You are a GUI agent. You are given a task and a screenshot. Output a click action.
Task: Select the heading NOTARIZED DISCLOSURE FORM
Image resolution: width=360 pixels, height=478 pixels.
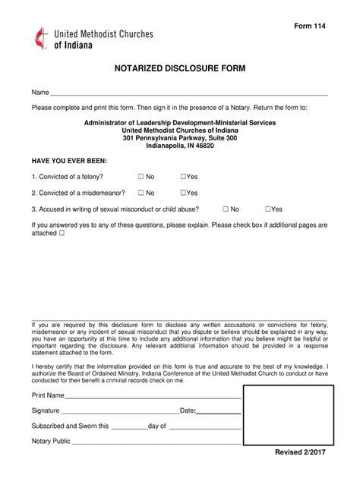click(x=179, y=68)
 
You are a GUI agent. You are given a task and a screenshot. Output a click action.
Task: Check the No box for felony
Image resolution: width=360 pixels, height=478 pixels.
click(x=141, y=177)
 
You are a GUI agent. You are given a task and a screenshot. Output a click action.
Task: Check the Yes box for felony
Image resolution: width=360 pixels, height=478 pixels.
click(x=183, y=177)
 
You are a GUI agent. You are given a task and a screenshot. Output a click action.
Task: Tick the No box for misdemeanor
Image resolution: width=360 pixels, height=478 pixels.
click(x=141, y=193)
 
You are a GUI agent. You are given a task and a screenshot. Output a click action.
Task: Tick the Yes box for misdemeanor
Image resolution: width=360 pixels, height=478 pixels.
click(x=183, y=193)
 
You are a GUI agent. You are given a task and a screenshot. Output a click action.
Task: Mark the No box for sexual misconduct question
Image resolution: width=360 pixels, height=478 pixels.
click(x=226, y=209)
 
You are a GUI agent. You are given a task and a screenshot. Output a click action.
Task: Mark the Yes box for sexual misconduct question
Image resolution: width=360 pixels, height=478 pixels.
click(x=268, y=209)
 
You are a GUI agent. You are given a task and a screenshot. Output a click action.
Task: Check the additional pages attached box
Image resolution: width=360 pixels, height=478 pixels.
click(x=62, y=234)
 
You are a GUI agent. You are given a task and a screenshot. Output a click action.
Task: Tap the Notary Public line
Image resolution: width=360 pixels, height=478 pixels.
click(x=151, y=441)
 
